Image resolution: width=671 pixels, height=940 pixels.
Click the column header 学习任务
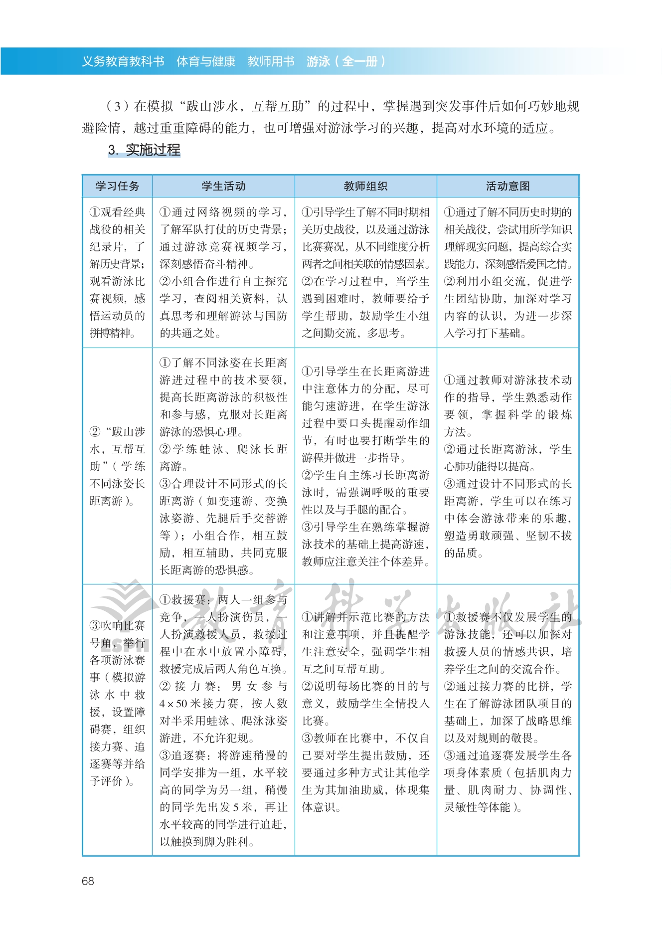coord(117,186)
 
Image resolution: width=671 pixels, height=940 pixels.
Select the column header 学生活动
coord(223,186)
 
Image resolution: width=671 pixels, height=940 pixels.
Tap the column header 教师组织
coord(365,186)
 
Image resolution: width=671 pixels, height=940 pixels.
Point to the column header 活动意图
coord(507,186)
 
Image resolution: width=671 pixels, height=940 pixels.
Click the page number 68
coord(88,881)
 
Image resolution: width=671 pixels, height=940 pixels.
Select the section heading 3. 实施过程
coord(144,150)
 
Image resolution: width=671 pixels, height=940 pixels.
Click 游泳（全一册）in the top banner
coord(346,61)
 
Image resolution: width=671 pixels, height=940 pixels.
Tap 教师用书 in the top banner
coord(271,61)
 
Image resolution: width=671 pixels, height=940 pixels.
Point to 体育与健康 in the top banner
coord(206,61)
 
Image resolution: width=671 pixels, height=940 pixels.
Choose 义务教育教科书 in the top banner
coord(123,61)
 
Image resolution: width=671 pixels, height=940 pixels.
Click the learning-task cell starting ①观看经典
coord(117,272)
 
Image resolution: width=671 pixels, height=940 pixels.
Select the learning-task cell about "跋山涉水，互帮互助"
coord(117,466)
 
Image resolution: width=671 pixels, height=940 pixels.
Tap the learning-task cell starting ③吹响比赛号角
coord(117,703)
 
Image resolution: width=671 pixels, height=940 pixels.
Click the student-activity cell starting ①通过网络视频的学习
coord(223,272)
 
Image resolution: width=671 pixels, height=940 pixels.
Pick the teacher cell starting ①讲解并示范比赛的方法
coord(365,712)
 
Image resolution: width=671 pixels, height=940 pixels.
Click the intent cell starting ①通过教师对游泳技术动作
coord(507,466)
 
